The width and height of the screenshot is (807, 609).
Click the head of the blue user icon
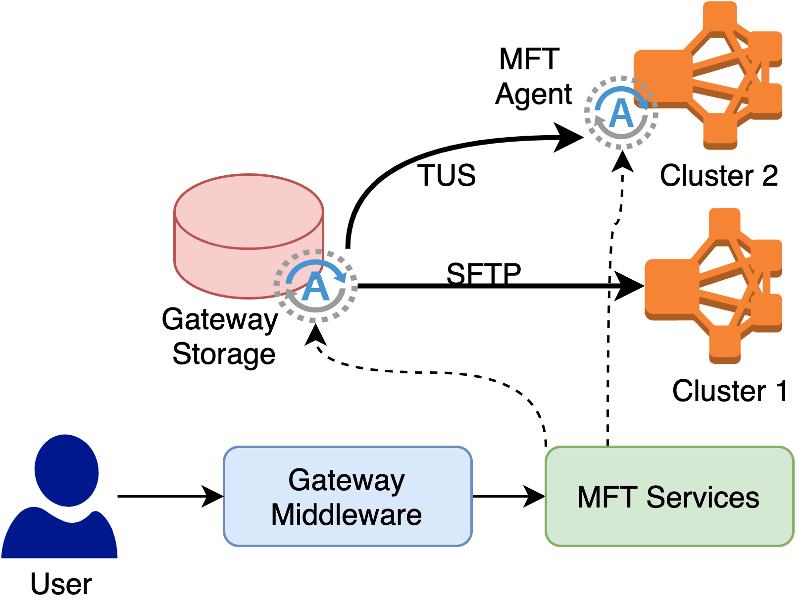coord(66,470)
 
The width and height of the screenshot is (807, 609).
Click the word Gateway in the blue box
coord(347,480)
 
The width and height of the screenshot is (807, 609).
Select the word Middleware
coord(347,515)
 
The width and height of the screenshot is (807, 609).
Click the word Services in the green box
coord(703,497)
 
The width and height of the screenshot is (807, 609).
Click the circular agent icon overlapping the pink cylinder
coord(316,286)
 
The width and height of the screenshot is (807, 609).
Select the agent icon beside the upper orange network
coord(621,113)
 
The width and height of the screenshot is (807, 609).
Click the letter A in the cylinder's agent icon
coord(316,287)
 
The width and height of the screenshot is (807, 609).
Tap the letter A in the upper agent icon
coord(621,114)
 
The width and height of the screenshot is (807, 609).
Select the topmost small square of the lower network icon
coord(724,223)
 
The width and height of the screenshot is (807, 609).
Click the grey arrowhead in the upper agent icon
coord(599,121)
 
